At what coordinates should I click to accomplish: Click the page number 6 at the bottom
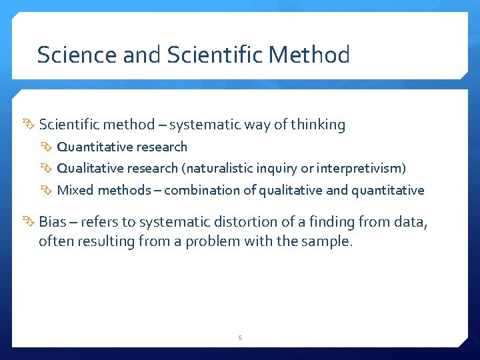[240, 338]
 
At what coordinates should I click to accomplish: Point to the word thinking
[319, 125]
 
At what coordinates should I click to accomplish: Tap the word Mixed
[75, 190]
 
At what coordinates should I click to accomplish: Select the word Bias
[52, 222]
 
